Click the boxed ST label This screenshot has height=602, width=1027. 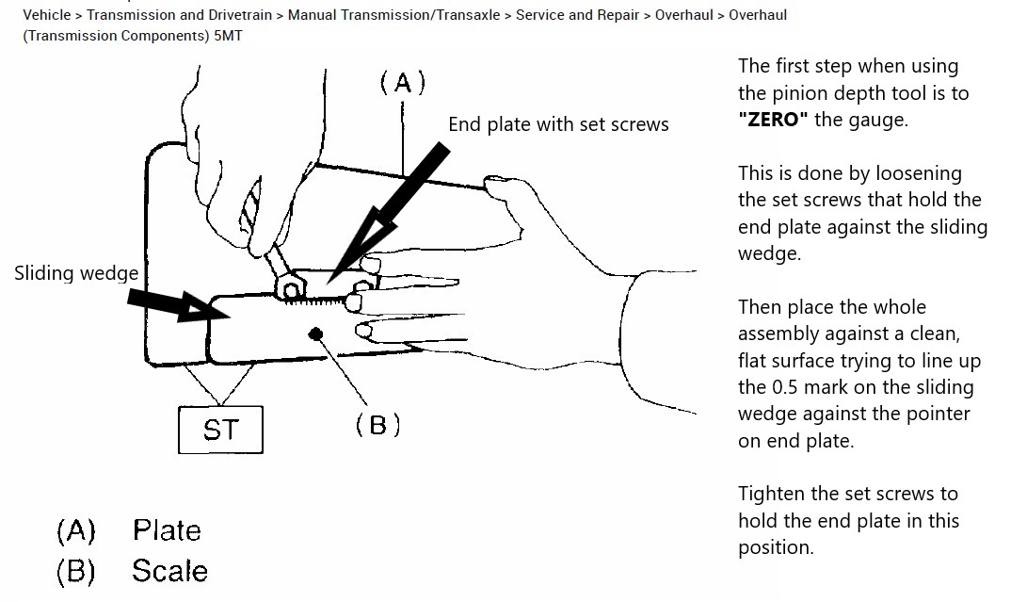[220, 430]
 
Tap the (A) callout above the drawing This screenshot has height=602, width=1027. [403, 84]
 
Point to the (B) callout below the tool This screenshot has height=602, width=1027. [377, 425]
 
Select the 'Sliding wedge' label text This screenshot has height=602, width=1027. [76, 273]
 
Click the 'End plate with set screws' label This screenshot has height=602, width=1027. [558, 124]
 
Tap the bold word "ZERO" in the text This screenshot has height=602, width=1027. [773, 120]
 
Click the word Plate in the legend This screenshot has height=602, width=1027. [167, 530]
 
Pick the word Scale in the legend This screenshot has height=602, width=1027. [169, 571]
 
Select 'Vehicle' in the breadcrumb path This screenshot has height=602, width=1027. [47, 15]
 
